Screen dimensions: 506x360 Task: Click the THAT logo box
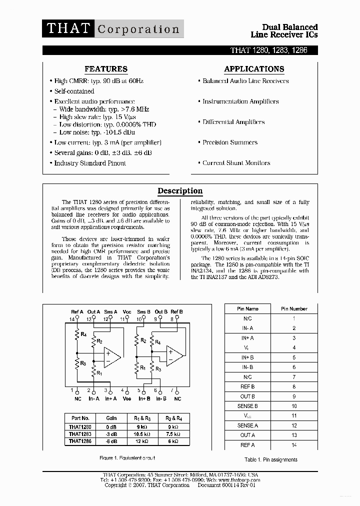point(68,28)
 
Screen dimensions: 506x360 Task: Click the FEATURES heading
point(106,69)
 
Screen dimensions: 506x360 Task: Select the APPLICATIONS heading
point(254,69)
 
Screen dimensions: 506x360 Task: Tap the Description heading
point(180,190)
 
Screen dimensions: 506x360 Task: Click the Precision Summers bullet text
point(229,142)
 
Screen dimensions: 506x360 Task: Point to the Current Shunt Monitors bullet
point(236,163)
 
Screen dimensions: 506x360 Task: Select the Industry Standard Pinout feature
point(90,163)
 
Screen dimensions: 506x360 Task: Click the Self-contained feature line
point(74,91)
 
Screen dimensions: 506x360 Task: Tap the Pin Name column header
point(247,309)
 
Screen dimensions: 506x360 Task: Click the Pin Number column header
point(294,309)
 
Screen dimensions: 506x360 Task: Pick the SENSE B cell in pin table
point(247,406)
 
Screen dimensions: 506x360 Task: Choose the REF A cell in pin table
point(247,445)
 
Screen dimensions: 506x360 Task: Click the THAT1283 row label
point(79,434)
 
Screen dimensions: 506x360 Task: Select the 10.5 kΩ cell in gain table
point(141,434)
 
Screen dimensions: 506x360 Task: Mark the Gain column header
point(111,418)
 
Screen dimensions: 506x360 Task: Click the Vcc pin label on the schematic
point(126,312)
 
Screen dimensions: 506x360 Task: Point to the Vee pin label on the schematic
point(126,398)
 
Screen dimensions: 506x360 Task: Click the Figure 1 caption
point(127,458)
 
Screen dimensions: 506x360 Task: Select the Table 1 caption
point(270,459)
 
